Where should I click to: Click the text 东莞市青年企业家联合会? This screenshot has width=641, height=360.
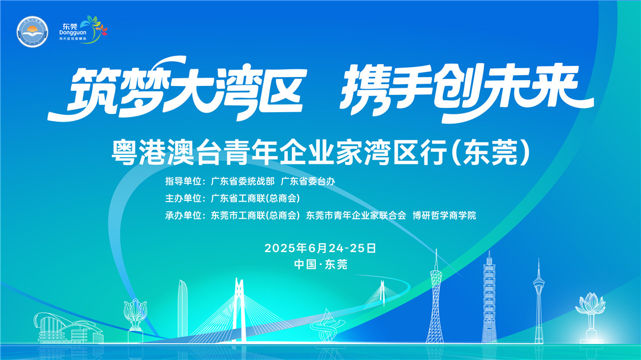pos(356,215)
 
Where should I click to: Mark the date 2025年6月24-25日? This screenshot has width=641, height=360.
pos(320,248)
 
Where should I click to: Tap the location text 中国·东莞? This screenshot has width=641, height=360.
pos(320,265)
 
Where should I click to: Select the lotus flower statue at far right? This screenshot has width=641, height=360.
pos(590,311)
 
